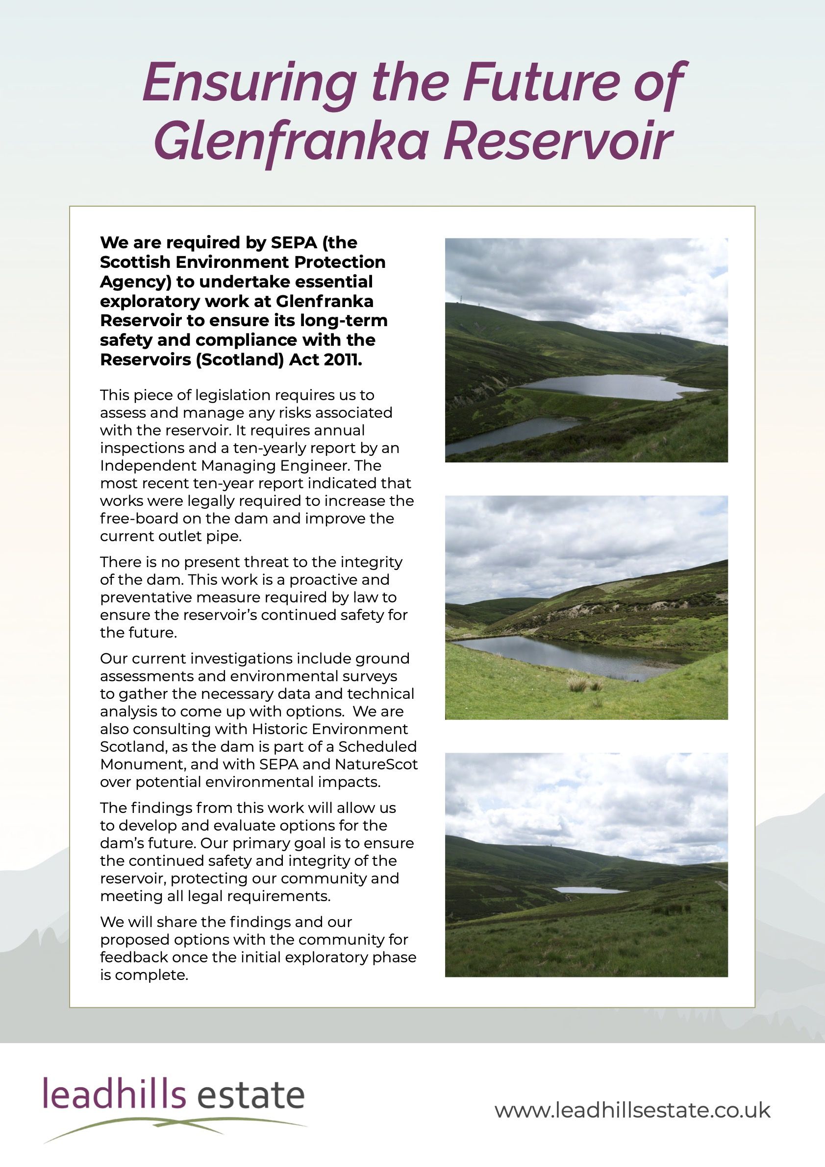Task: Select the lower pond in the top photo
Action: pyautogui.click(x=503, y=432)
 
